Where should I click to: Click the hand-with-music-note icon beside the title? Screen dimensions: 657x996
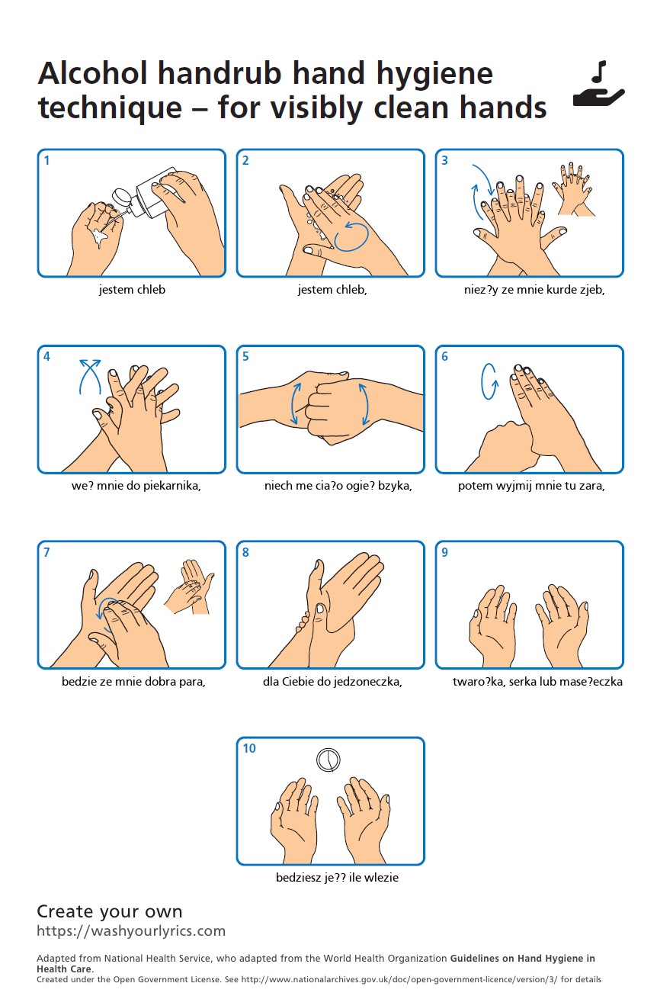pyautogui.click(x=599, y=84)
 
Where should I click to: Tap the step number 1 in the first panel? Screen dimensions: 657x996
pyautogui.click(x=46, y=160)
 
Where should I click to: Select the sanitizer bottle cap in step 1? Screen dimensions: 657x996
pyautogui.click(x=121, y=197)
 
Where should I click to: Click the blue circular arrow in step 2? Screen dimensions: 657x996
pyautogui.click(x=351, y=236)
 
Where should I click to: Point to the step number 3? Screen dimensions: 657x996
pyautogui.click(x=444, y=160)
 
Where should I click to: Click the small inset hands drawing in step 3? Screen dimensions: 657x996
pyautogui.click(x=573, y=189)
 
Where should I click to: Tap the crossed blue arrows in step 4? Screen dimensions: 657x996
pyautogui.click(x=90, y=377)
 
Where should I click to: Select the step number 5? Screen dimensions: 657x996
pyautogui.click(x=245, y=357)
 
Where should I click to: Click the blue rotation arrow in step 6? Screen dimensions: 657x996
pyautogui.click(x=489, y=381)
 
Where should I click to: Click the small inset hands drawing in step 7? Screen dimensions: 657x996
pyautogui.click(x=189, y=586)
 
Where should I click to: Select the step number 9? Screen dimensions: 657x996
pyautogui.click(x=444, y=552)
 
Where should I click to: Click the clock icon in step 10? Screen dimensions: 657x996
pyautogui.click(x=328, y=760)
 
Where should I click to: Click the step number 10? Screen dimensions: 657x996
pyautogui.click(x=249, y=748)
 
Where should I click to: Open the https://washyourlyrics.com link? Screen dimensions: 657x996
pyautogui.click(x=131, y=930)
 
